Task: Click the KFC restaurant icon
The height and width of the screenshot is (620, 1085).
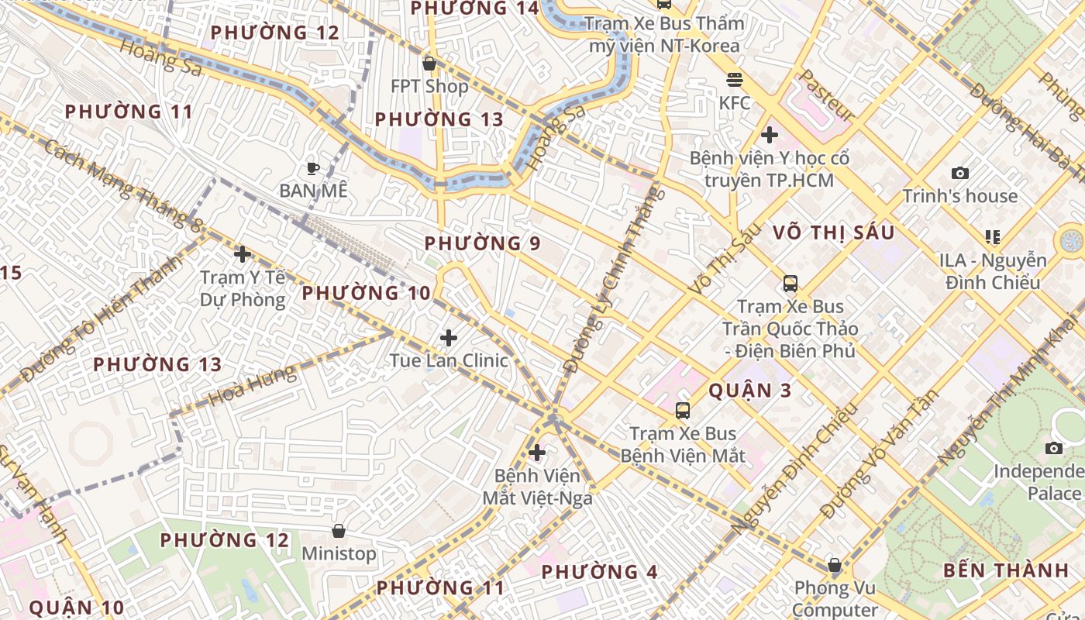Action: (734, 80)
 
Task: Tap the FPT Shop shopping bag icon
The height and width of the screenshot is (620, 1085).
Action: (429, 64)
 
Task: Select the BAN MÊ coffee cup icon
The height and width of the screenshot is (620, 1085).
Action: (313, 168)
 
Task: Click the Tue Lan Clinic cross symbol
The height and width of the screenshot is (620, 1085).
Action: (449, 338)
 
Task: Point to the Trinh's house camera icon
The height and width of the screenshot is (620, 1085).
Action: (959, 174)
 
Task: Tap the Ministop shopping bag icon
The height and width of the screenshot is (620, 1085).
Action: (339, 531)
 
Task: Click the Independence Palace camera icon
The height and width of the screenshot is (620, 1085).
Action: (1053, 448)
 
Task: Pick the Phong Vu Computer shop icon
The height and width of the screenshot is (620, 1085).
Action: (835, 566)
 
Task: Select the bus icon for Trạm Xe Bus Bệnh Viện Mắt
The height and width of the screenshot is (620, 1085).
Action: (683, 411)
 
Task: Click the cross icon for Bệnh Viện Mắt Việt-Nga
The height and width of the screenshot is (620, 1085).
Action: (536, 453)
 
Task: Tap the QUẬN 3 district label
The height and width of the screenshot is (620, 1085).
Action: (750, 390)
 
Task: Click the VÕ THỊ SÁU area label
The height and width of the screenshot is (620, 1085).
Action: (833, 232)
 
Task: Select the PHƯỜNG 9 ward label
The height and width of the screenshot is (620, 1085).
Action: (482, 243)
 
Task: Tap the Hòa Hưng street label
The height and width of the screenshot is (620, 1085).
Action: (253, 387)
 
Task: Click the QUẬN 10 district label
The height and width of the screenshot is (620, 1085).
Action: (76, 607)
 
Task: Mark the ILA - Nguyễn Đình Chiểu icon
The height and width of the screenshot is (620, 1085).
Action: (993, 236)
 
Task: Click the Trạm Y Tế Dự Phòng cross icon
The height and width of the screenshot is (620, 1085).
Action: (243, 253)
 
